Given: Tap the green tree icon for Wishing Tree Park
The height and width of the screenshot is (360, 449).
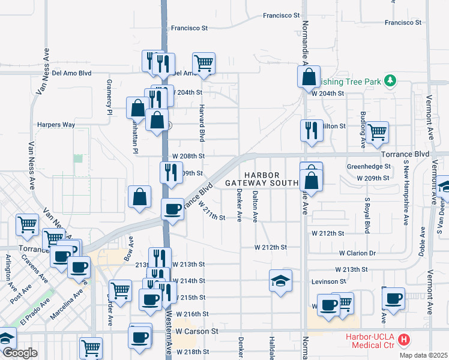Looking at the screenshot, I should (390, 80).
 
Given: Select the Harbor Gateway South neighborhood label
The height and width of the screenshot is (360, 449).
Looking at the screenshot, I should (262, 179).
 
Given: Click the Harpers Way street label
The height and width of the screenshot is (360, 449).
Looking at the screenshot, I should (56, 125).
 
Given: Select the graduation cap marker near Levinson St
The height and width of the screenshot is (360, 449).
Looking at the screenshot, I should (280, 281).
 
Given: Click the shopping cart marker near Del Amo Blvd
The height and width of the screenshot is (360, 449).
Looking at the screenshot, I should (204, 62).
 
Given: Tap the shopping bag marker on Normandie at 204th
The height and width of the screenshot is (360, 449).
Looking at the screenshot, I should (309, 77).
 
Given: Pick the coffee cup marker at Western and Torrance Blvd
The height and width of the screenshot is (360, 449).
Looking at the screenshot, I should (173, 209).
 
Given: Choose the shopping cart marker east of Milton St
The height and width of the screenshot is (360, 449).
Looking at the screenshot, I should (377, 131).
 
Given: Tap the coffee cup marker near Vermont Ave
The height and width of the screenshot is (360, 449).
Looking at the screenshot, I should (394, 298).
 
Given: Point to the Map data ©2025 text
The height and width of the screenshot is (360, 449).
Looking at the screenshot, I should (423, 355).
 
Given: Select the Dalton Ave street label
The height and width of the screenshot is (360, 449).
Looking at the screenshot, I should (256, 206).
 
